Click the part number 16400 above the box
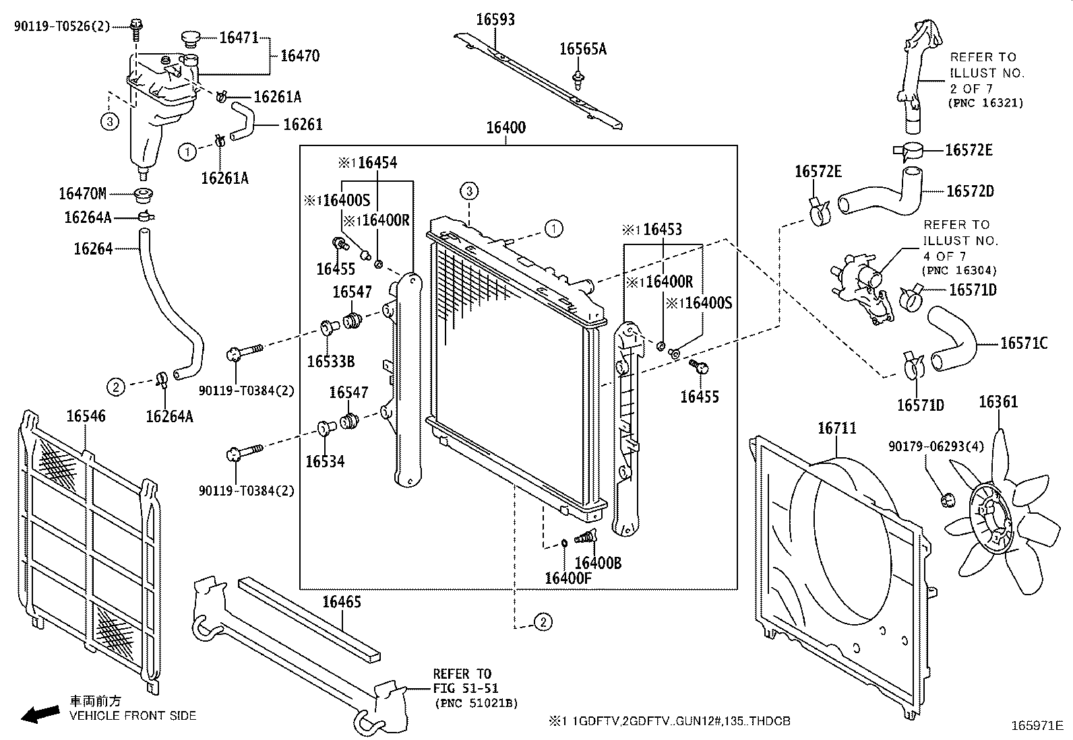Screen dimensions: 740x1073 pos(505,127)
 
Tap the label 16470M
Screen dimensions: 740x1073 pos(82,195)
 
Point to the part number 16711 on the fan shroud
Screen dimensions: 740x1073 pos(836,428)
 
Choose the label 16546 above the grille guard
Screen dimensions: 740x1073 pos(86,416)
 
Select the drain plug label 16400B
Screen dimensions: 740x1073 pos(598,563)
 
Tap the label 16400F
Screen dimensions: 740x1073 pos(568,578)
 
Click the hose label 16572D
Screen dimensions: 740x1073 pos(970,191)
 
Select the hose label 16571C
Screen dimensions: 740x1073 pos(1023,343)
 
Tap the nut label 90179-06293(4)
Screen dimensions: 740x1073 pos(927,446)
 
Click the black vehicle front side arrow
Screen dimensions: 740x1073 pos(39,714)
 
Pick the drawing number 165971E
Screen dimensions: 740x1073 pos(1037,725)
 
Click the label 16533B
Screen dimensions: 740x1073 pos(330,362)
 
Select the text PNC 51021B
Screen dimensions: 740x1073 pos(476,703)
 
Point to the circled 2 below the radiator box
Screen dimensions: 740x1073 pos(543,622)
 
